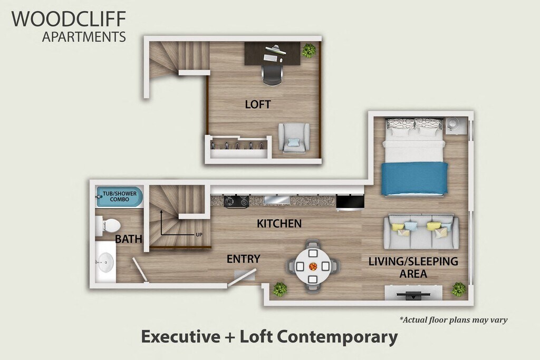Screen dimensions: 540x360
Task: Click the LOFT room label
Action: coord(257,104)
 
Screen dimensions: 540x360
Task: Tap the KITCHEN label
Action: coord(279,223)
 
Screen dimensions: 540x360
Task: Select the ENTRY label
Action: coord(243,258)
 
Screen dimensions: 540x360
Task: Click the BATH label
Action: coord(129,239)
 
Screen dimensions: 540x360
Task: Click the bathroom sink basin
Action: coord(105,262)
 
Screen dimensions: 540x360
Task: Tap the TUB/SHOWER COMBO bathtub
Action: coord(120,197)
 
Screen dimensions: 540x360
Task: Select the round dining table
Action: coord(313,266)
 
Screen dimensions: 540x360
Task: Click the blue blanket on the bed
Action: coord(414,179)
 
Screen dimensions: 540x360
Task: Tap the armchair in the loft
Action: coord(294,138)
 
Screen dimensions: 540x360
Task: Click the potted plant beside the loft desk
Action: coord(308,50)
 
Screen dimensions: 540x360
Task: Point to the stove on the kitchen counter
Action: coord(236,201)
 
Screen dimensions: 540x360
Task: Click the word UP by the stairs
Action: coord(199,235)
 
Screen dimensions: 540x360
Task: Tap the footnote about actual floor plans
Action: coord(453,320)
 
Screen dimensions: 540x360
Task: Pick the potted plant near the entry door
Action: coord(279,289)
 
